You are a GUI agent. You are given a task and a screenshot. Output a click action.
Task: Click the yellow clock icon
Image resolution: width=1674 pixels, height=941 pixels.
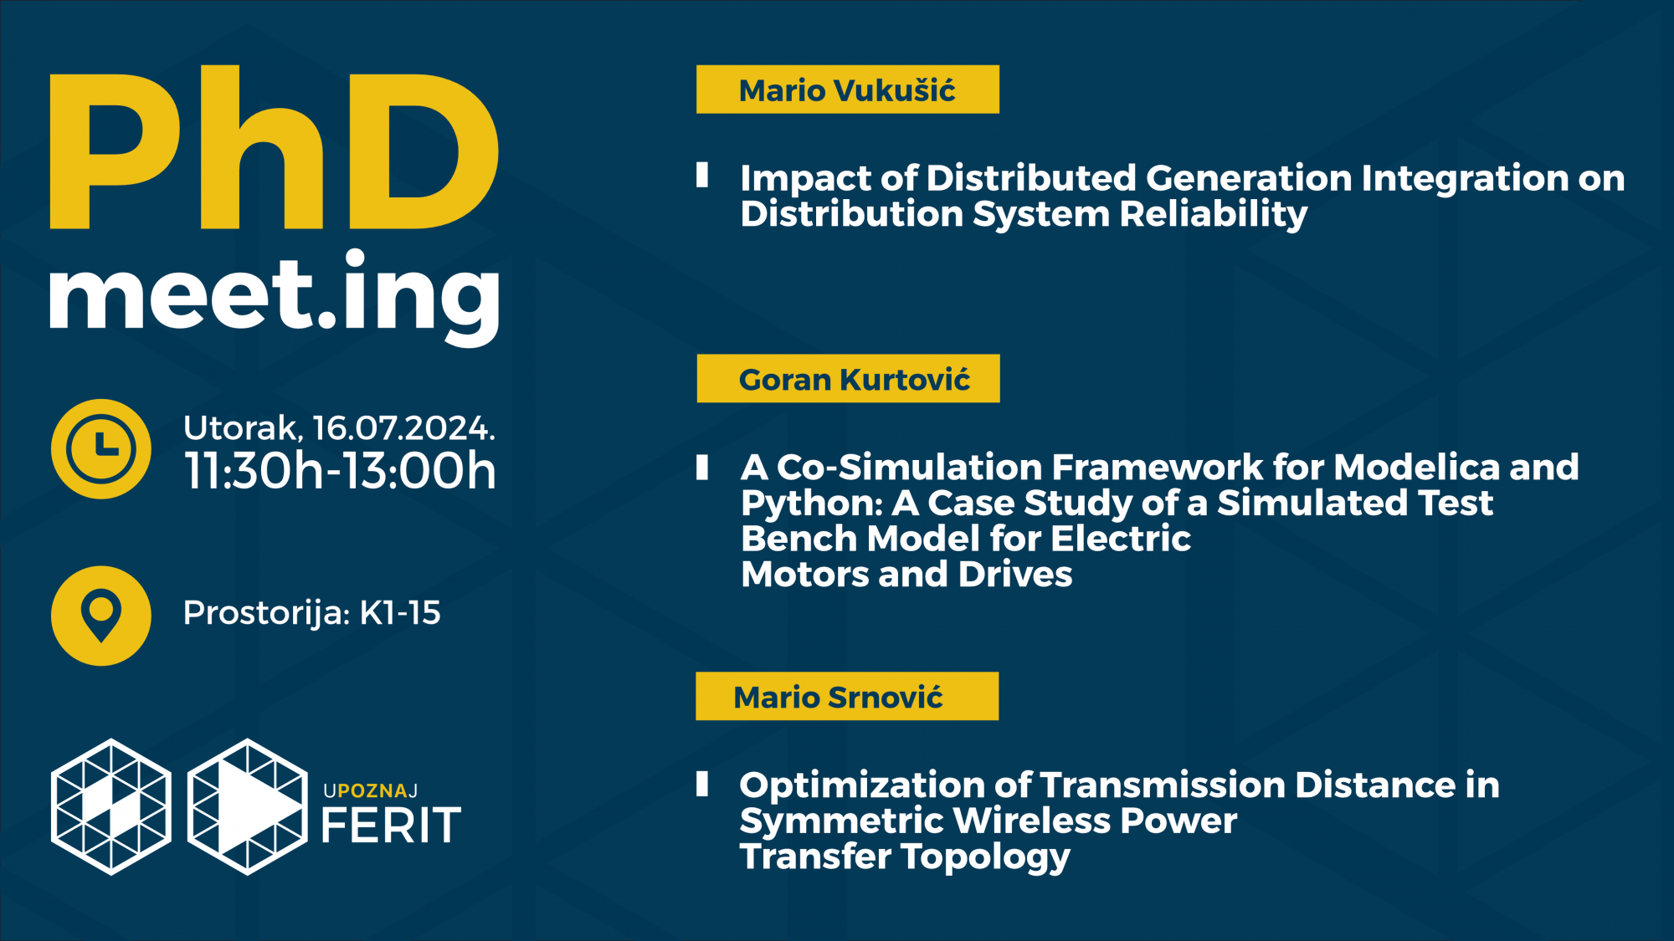tap(101, 448)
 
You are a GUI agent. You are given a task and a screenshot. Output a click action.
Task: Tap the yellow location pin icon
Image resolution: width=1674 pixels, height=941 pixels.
tap(101, 616)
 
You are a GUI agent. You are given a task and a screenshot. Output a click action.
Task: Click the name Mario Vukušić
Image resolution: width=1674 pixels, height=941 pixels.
tap(846, 90)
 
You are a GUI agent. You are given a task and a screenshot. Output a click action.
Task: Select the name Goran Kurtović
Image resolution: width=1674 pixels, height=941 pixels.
tap(854, 380)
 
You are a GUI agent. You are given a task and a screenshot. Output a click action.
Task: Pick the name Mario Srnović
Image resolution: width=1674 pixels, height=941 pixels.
tap(838, 698)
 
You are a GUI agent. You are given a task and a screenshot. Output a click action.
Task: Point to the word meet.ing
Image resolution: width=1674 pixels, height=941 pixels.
tap(275, 297)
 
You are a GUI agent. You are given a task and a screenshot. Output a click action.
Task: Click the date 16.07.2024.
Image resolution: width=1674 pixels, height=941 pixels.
tap(403, 428)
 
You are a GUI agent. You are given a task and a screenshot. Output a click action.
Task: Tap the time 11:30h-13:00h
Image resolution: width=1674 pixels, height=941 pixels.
tap(340, 470)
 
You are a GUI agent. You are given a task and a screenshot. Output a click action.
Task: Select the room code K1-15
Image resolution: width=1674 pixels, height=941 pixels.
tap(400, 613)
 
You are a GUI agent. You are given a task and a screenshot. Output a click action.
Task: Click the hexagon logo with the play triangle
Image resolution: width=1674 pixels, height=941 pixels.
tap(247, 806)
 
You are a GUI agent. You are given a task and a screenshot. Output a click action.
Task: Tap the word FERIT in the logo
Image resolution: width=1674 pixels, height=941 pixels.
tap(391, 826)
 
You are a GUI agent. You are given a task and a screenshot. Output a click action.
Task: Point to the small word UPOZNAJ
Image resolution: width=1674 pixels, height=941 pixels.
tap(371, 791)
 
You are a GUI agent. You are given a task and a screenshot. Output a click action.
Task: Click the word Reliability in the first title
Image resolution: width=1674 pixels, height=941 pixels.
tap(1214, 215)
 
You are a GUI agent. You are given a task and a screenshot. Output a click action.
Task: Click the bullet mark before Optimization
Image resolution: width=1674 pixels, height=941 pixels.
tap(702, 784)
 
